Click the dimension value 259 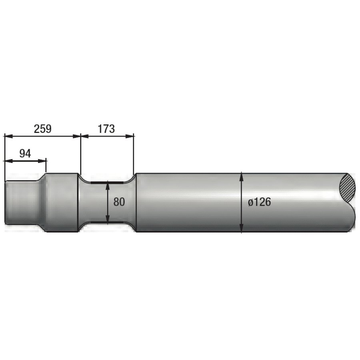(43, 129)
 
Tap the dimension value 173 (106, 129)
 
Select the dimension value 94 (25, 153)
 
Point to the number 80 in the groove (119, 202)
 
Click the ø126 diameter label (259, 202)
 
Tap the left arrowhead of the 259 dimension (8, 136)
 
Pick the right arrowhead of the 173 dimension (130, 136)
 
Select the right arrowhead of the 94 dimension (42, 161)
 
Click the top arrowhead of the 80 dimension (108, 187)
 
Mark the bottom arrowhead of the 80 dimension (108, 218)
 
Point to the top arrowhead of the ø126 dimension (241, 176)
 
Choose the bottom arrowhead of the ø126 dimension (241, 229)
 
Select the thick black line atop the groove (107, 183)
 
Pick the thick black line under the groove (107, 222)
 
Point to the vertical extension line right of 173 (134, 156)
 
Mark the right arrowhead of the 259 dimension (77, 136)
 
